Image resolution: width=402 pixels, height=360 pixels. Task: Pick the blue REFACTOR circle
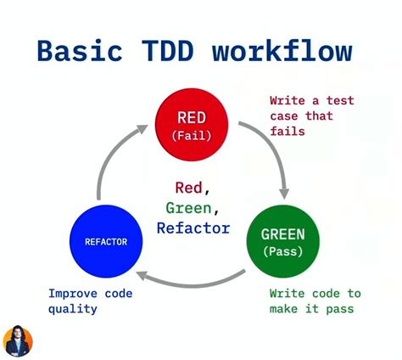point(106,241)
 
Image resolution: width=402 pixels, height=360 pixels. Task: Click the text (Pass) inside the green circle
point(283,251)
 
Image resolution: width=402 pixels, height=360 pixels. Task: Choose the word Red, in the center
point(193,188)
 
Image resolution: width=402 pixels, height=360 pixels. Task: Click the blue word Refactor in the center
point(193,228)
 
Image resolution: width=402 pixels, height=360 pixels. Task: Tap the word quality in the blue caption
point(72,308)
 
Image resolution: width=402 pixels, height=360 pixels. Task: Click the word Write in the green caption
point(289,293)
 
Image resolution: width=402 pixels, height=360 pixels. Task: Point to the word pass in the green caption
point(338,308)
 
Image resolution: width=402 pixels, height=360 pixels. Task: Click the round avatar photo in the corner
point(18,341)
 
